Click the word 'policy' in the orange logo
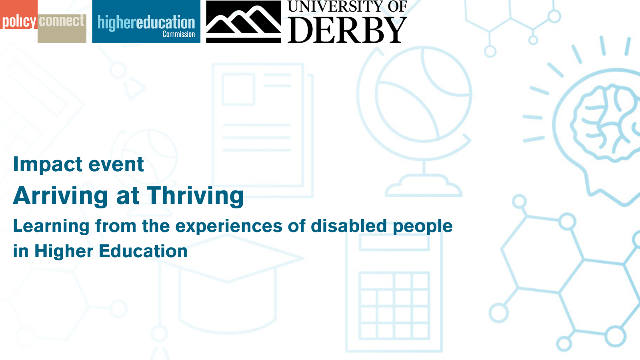(19, 22)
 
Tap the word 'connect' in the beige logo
(62, 21)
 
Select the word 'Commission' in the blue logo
(178, 34)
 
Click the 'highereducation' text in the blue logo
(146, 22)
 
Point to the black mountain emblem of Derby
(244, 22)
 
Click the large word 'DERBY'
(347, 30)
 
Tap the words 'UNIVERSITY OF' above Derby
(347, 6)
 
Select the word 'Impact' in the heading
(47, 165)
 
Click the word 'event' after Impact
(116, 165)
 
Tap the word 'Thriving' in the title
(195, 196)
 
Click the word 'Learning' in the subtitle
(51, 226)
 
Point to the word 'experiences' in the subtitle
(228, 227)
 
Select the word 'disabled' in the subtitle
(348, 226)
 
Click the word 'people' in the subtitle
(422, 227)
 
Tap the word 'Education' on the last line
(143, 251)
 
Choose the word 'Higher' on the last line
(64, 252)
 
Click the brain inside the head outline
(606, 123)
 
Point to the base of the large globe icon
(424, 186)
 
